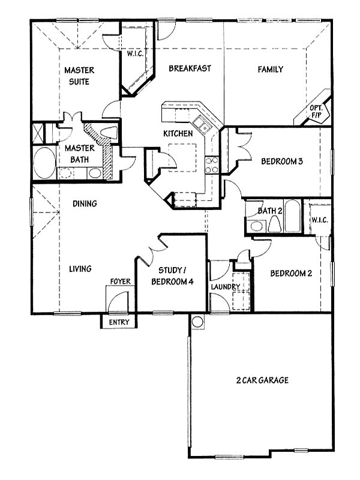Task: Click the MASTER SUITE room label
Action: [x=79, y=76]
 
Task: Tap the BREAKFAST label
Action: [x=190, y=68]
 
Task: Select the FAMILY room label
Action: [x=271, y=69]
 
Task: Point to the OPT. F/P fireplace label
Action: [x=316, y=112]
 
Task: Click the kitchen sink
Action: [x=202, y=124]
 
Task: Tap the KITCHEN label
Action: [x=178, y=133]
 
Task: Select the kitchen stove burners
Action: [x=212, y=166]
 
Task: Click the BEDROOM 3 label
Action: [x=282, y=161]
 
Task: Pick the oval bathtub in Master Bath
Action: [x=44, y=163]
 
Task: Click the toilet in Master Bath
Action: [x=109, y=133]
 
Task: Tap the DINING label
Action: [x=85, y=203]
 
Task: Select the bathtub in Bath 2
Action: [x=292, y=216]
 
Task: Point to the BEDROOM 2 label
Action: [x=291, y=273]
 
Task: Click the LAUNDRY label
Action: [x=226, y=287]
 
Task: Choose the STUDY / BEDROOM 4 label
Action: [x=172, y=276]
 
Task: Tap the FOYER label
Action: [x=121, y=281]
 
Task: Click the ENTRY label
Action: [x=119, y=322]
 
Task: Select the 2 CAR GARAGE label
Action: [x=262, y=380]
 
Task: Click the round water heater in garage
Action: [x=197, y=322]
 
